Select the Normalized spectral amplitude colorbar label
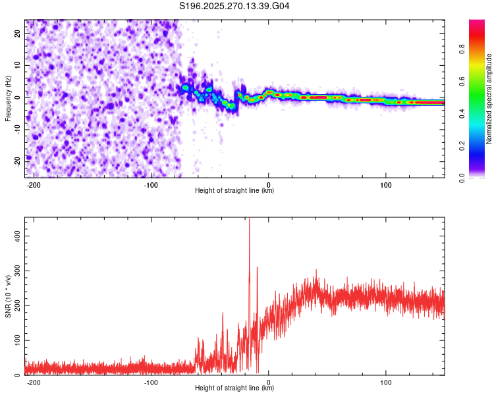point(489,99)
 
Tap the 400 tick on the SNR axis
point(14,234)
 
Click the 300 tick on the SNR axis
point(14,270)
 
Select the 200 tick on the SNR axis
point(14,305)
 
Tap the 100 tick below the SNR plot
point(385,382)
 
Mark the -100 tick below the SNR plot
point(150,382)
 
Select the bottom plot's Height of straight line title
point(234,388)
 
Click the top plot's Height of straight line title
point(234,191)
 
